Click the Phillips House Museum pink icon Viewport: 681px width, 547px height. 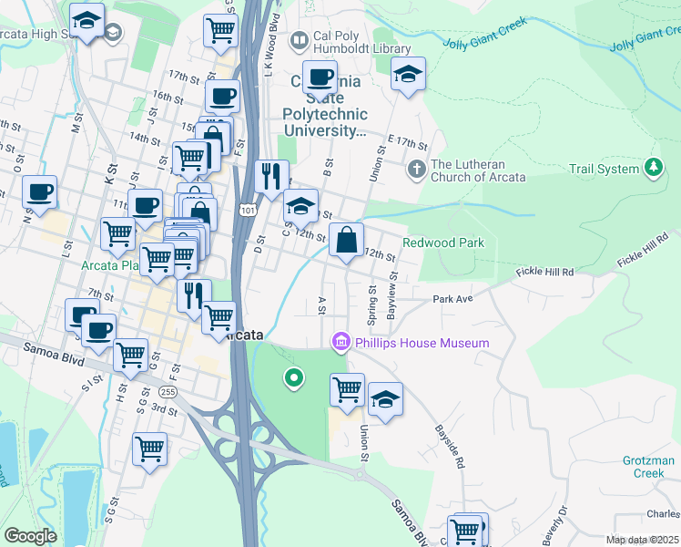coord(341,343)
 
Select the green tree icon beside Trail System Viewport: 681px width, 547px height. coord(652,168)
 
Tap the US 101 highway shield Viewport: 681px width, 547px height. coord(247,210)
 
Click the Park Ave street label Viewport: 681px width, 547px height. coord(452,299)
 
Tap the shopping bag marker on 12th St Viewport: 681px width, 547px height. coord(346,242)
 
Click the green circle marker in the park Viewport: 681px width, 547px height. coord(293,377)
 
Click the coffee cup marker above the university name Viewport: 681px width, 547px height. coord(320,77)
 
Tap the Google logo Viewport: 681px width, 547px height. coord(30,536)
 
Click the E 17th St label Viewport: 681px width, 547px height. coord(406,144)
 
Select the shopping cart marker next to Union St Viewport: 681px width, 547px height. coord(347,390)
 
